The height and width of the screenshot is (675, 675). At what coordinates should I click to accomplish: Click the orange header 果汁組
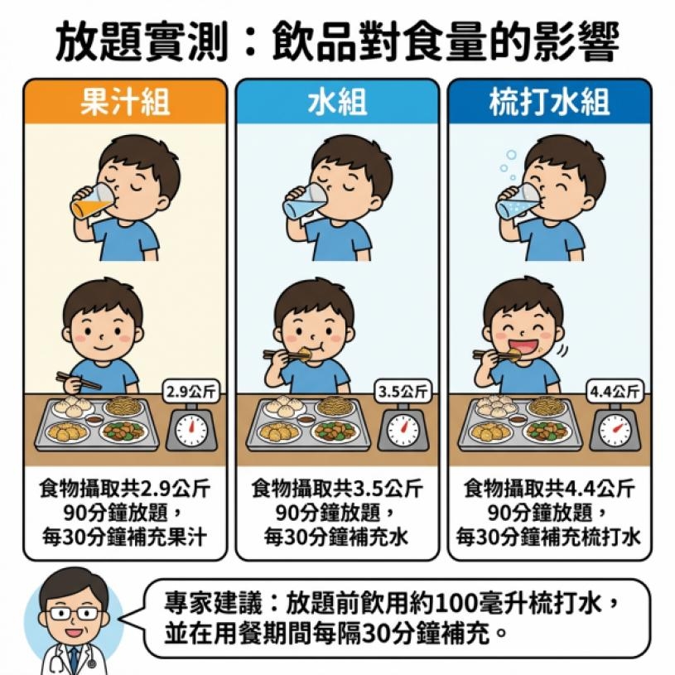tap(125, 102)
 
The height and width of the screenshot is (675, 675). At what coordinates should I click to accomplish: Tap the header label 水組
tap(337, 102)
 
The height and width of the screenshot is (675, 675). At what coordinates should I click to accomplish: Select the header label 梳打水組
tap(550, 102)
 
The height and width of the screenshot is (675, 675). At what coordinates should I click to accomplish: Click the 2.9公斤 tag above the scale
tap(190, 392)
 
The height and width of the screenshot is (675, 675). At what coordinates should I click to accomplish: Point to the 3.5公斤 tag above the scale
tap(403, 392)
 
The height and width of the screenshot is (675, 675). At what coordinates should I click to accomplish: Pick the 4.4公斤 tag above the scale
tap(615, 392)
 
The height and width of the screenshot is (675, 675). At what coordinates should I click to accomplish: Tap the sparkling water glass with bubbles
tap(518, 201)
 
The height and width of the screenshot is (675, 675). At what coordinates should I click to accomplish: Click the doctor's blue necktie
tap(74, 660)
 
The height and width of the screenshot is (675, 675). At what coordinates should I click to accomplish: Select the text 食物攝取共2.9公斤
tap(125, 489)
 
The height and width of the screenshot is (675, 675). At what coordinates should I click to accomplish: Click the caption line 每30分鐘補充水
tap(336, 537)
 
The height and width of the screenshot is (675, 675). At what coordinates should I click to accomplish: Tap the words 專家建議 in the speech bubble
tap(213, 604)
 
